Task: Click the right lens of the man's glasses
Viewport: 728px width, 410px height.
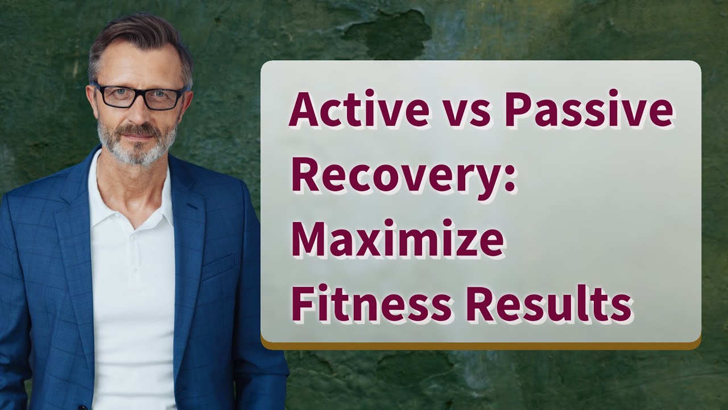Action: [x=163, y=98]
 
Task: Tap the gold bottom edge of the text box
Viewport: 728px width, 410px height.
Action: [x=481, y=345]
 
